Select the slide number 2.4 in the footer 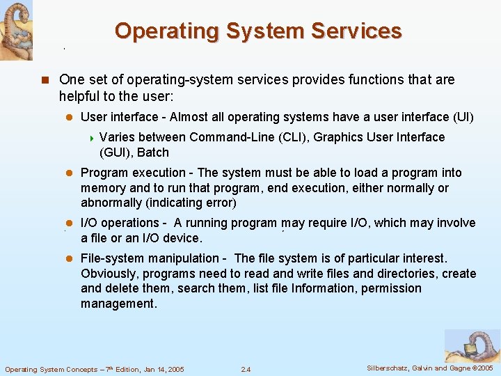(x=246, y=369)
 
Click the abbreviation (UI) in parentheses (x=463, y=117)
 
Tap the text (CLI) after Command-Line (x=293, y=137)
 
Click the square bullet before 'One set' (x=45, y=80)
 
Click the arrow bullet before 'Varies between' (x=91, y=138)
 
